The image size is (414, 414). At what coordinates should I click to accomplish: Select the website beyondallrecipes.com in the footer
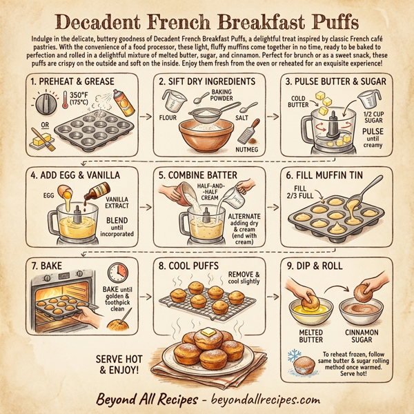[264, 400]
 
